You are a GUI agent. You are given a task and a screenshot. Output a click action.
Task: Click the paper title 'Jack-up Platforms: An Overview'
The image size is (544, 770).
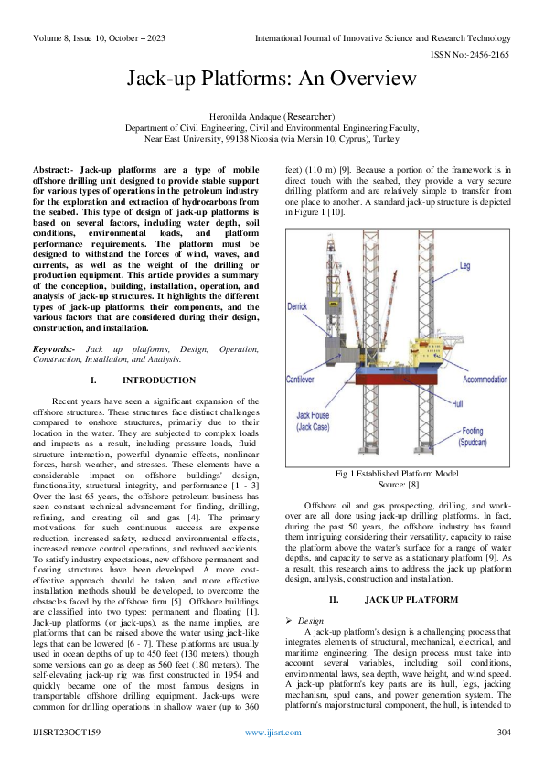point(272,80)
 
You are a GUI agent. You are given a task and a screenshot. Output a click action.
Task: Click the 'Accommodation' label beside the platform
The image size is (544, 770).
point(485,379)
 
